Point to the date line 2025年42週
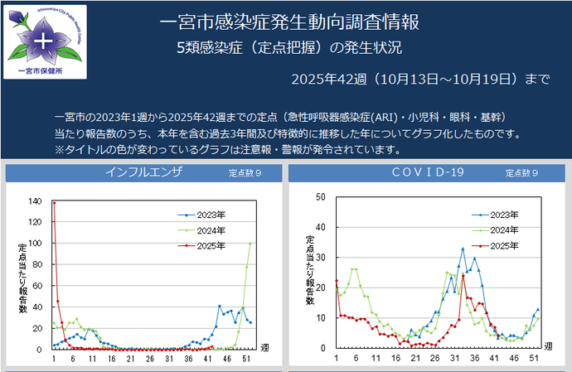pos(420,80)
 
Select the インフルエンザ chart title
pos(143,173)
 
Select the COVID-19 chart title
pos(426,173)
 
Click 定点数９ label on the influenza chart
pos(245,174)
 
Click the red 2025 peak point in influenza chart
pos(54,202)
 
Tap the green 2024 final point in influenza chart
pos(250,244)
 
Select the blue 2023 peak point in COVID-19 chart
pos(463,249)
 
